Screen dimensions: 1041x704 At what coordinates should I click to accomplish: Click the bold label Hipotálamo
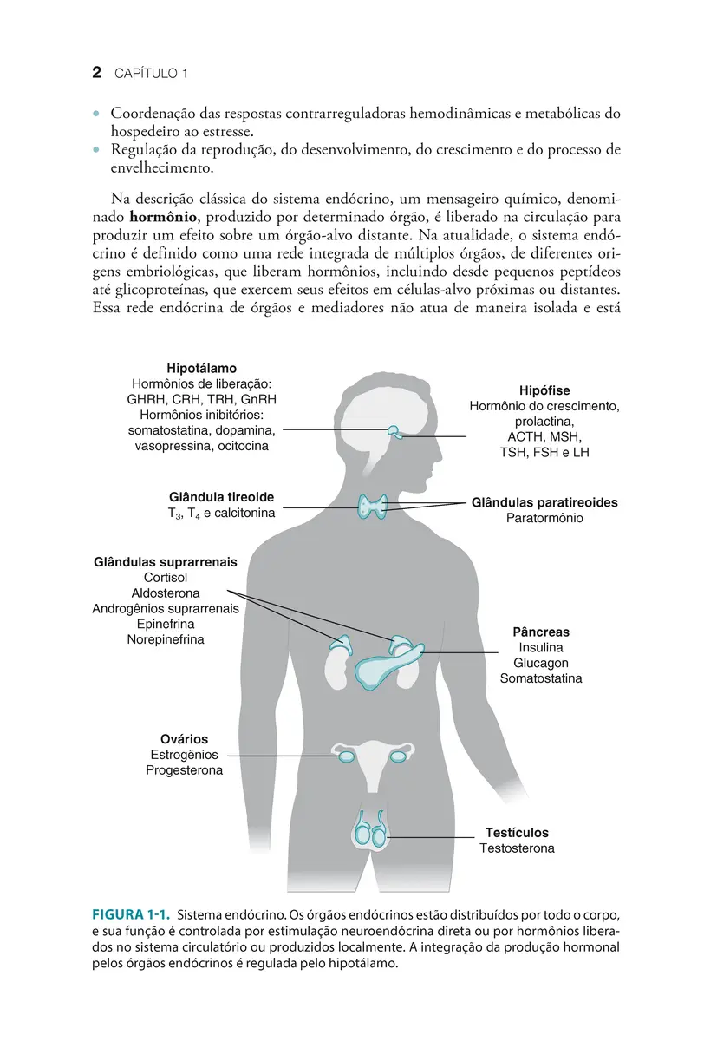pyautogui.click(x=201, y=368)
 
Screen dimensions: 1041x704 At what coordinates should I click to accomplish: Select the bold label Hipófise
pyautogui.click(x=544, y=390)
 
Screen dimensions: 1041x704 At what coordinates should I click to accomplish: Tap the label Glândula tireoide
pyautogui.click(x=221, y=497)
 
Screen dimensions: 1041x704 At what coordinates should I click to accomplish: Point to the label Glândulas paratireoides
pyautogui.click(x=544, y=502)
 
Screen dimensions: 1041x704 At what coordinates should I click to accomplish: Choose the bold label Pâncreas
pyautogui.click(x=540, y=632)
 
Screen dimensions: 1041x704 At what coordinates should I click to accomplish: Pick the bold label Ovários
pyautogui.click(x=184, y=739)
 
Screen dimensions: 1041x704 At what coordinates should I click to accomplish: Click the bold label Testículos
pyautogui.click(x=517, y=833)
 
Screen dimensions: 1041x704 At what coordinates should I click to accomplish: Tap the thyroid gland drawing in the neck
pyautogui.click(x=375, y=507)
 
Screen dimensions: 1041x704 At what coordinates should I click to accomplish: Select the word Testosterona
pyautogui.click(x=517, y=848)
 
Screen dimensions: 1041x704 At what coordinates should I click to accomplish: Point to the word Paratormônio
pyautogui.click(x=544, y=518)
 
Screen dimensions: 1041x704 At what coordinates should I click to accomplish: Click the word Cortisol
pyautogui.click(x=165, y=578)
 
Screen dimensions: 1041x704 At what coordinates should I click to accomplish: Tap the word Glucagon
pyautogui.click(x=540, y=664)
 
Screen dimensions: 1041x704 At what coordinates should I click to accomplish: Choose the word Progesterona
pyautogui.click(x=184, y=770)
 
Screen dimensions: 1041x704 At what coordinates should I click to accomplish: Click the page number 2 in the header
pyautogui.click(x=98, y=74)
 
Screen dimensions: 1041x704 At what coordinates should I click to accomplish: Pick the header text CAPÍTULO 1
pyautogui.click(x=151, y=75)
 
